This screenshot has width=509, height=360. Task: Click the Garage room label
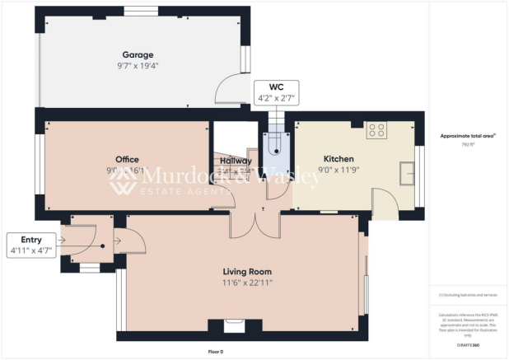138,55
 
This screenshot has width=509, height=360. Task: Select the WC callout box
275,92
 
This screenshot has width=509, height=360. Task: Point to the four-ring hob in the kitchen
376,131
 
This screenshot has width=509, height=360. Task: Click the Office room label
127,160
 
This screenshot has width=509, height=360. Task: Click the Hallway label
236,160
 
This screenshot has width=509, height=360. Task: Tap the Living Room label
247,271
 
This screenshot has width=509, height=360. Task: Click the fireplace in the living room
236,328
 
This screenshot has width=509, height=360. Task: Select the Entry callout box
31,245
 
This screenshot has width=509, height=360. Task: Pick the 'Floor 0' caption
216,352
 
